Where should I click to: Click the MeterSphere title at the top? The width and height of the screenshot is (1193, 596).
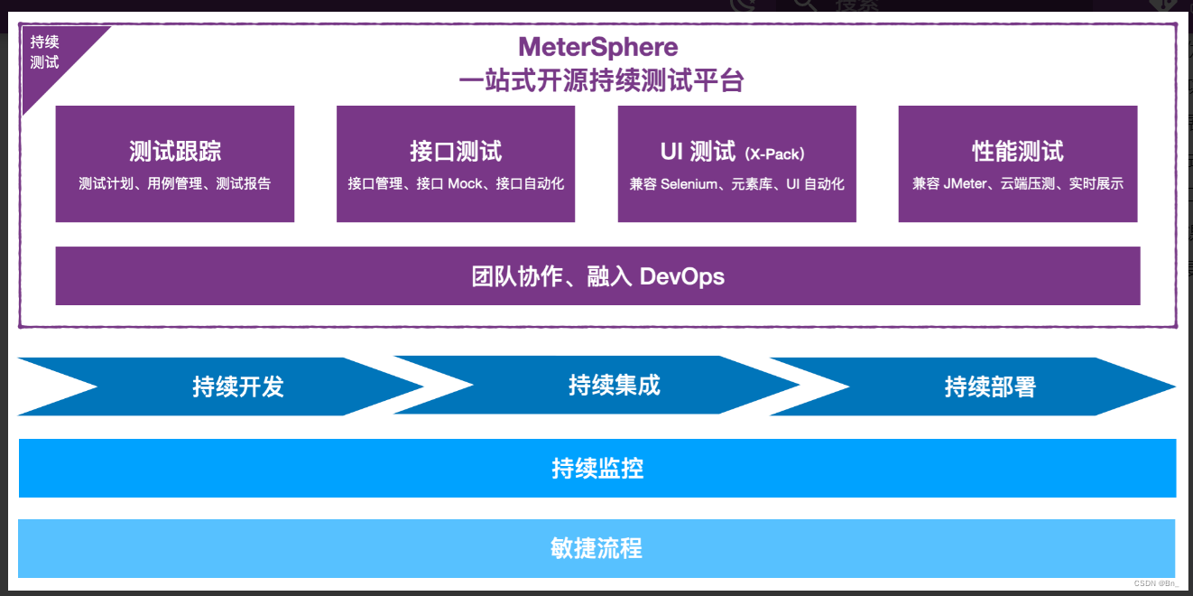click(597, 46)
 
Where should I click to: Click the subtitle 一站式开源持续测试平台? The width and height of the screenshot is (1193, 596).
click(601, 80)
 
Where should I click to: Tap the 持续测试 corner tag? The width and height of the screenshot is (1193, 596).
click(44, 52)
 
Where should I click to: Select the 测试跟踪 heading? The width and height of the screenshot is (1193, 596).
click(175, 151)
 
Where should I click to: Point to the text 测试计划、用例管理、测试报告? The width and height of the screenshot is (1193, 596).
click(175, 183)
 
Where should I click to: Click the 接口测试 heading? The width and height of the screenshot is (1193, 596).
click(456, 151)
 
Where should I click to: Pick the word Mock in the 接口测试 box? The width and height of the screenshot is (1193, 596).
click(466, 183)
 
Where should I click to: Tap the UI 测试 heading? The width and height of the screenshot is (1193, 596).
click(698, 151)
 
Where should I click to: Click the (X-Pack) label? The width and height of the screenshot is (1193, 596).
click(775, 154)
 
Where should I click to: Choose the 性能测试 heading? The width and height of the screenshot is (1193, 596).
click(1018, 151)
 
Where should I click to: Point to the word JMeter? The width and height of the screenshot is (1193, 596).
click(966, 184)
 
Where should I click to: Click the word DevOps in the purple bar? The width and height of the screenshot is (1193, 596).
click(681, 276)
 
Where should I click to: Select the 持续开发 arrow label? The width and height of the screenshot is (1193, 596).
click(238, 386)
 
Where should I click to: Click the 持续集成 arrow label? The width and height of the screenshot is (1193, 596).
click(615, 386)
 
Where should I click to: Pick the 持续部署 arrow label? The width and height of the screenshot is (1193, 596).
click(990, 386)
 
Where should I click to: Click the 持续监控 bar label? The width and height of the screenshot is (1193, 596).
click(597, 468)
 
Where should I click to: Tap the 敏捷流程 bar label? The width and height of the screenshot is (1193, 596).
click(597, 548)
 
